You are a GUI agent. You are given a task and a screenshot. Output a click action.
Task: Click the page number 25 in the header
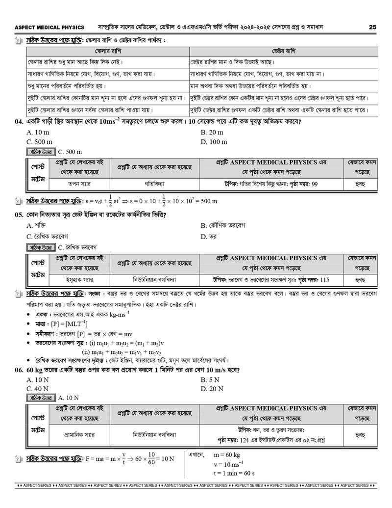point(373,27)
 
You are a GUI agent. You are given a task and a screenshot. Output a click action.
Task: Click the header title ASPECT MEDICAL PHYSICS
point(49,27)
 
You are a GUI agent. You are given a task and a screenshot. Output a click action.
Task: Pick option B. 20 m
point(212,133)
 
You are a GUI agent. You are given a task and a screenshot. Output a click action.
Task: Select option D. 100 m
point(214,142)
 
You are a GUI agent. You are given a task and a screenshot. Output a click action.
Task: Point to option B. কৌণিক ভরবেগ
point(223,225)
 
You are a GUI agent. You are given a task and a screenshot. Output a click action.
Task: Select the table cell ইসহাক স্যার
point(79,280)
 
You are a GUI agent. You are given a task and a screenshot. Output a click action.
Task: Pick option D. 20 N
point(212,389)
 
